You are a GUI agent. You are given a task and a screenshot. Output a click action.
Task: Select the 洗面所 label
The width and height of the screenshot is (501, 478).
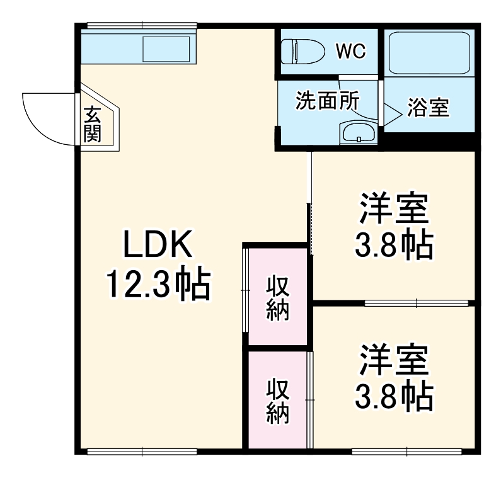[327, 102]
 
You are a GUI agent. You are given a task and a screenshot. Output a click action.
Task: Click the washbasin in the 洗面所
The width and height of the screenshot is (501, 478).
[357, 133]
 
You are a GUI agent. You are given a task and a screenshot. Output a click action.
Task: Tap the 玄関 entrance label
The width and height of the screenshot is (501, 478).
[93, 125]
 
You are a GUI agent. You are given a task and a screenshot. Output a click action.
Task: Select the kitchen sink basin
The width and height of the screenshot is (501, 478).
[166, 49]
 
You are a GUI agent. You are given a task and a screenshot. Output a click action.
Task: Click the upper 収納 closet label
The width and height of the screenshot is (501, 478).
[277, 298]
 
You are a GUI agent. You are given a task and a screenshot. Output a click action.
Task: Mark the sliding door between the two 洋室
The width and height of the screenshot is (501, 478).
[416, 303]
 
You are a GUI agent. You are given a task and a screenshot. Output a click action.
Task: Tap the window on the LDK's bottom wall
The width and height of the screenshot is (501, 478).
[142, 451]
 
